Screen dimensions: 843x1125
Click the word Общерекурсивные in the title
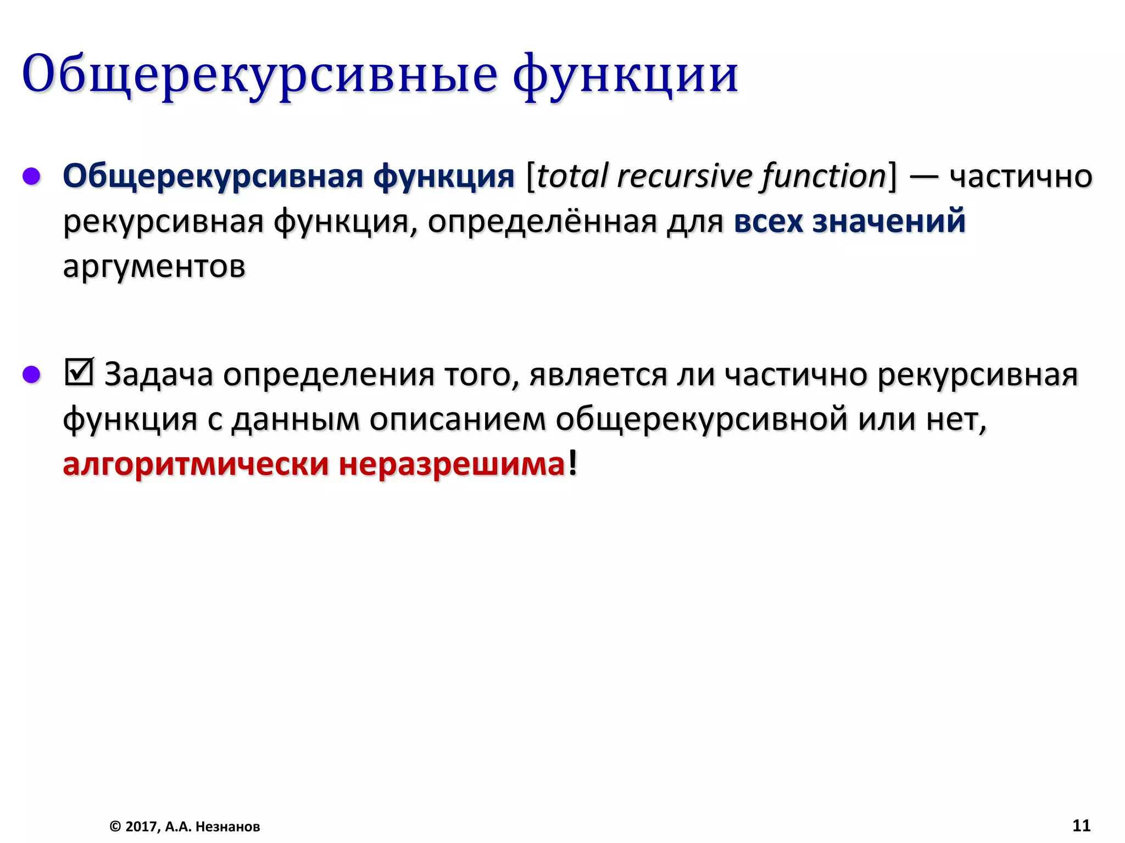point(259,75)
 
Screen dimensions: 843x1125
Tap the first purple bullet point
point(31,176)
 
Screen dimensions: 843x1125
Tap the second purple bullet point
point(31,374)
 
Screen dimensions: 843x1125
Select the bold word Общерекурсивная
point(213,177)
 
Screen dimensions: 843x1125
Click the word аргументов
point(154,267)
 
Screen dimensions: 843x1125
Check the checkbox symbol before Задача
point(79,373)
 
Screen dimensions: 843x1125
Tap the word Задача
point(158,375)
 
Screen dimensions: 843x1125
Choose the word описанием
point(457,420)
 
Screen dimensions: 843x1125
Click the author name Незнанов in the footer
point(227,827)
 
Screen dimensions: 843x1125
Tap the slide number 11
point(1081,825)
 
